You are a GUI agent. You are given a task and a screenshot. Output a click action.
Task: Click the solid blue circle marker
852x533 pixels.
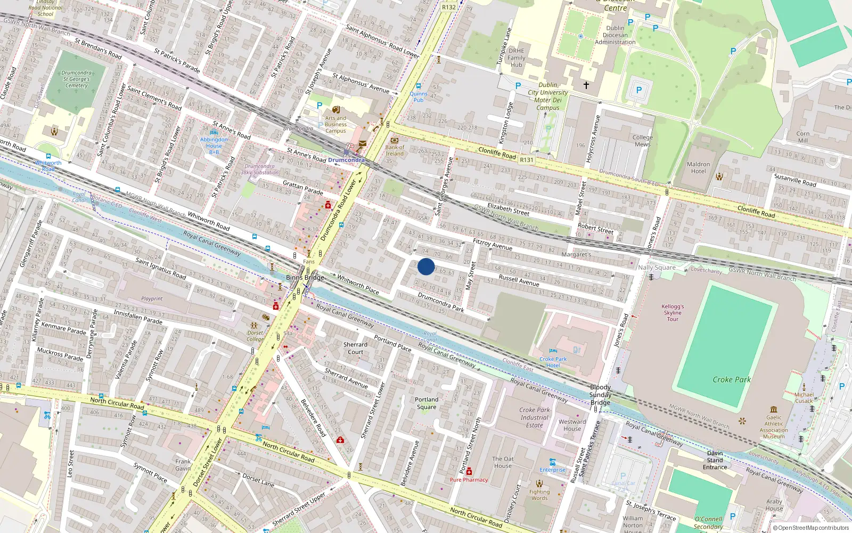click(x=426, y=266)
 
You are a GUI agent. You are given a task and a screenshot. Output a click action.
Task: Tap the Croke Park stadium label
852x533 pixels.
click(x=732, y=379)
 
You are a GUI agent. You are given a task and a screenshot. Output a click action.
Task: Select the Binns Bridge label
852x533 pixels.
click(x=305, y=277)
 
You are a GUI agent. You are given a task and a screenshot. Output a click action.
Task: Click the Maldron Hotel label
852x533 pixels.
click(x=698, y=168)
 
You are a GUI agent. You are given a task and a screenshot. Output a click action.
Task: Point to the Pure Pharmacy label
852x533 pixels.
click(x=469, y=480)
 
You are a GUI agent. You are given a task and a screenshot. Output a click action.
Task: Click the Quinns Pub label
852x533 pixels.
click(x=419, y=96)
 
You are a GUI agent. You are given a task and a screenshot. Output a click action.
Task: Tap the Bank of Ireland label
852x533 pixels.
click(x=395, y=150)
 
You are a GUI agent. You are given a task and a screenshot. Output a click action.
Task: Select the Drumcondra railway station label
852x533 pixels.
click(x=346, y=160)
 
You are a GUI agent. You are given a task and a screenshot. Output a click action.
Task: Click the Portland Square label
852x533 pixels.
click(x=427, y=403)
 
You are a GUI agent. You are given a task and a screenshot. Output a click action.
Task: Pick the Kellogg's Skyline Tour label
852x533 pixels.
click(x=673, y=313)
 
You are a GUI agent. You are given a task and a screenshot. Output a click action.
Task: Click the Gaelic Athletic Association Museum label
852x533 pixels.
click(x=774, y=427)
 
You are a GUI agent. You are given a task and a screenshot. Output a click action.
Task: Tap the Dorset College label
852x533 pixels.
click(x=255, y=336)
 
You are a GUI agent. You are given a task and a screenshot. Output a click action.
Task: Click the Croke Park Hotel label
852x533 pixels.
click(x=553, y=362)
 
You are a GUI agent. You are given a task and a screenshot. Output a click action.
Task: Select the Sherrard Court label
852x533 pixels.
click(x=355, y=348)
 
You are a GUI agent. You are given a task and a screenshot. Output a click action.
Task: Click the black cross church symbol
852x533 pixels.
click(x=586, y=85)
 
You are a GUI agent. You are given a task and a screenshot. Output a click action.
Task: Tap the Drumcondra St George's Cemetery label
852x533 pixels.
click(x=77, y=79)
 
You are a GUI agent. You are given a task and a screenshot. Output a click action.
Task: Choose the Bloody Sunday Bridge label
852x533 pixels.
click(x=600, y=394)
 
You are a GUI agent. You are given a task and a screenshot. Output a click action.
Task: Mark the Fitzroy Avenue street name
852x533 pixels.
click(x=492, y=244)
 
